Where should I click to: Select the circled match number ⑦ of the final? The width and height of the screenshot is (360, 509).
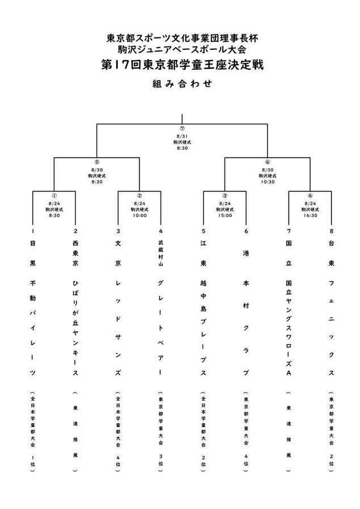point(182,129)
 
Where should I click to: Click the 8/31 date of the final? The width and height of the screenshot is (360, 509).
point(182,136)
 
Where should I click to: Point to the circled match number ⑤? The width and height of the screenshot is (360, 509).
point(96,162)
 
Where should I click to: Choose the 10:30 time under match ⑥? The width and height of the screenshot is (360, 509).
point(268,181)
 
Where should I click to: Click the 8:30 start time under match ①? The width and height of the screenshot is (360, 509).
point(54,215)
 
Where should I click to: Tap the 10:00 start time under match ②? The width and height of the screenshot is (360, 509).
point(139,215)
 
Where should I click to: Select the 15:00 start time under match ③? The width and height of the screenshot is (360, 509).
point(225,215)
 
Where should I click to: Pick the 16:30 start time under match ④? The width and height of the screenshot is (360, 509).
point(310,215)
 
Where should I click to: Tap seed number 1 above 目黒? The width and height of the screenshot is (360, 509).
point(33,231)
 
